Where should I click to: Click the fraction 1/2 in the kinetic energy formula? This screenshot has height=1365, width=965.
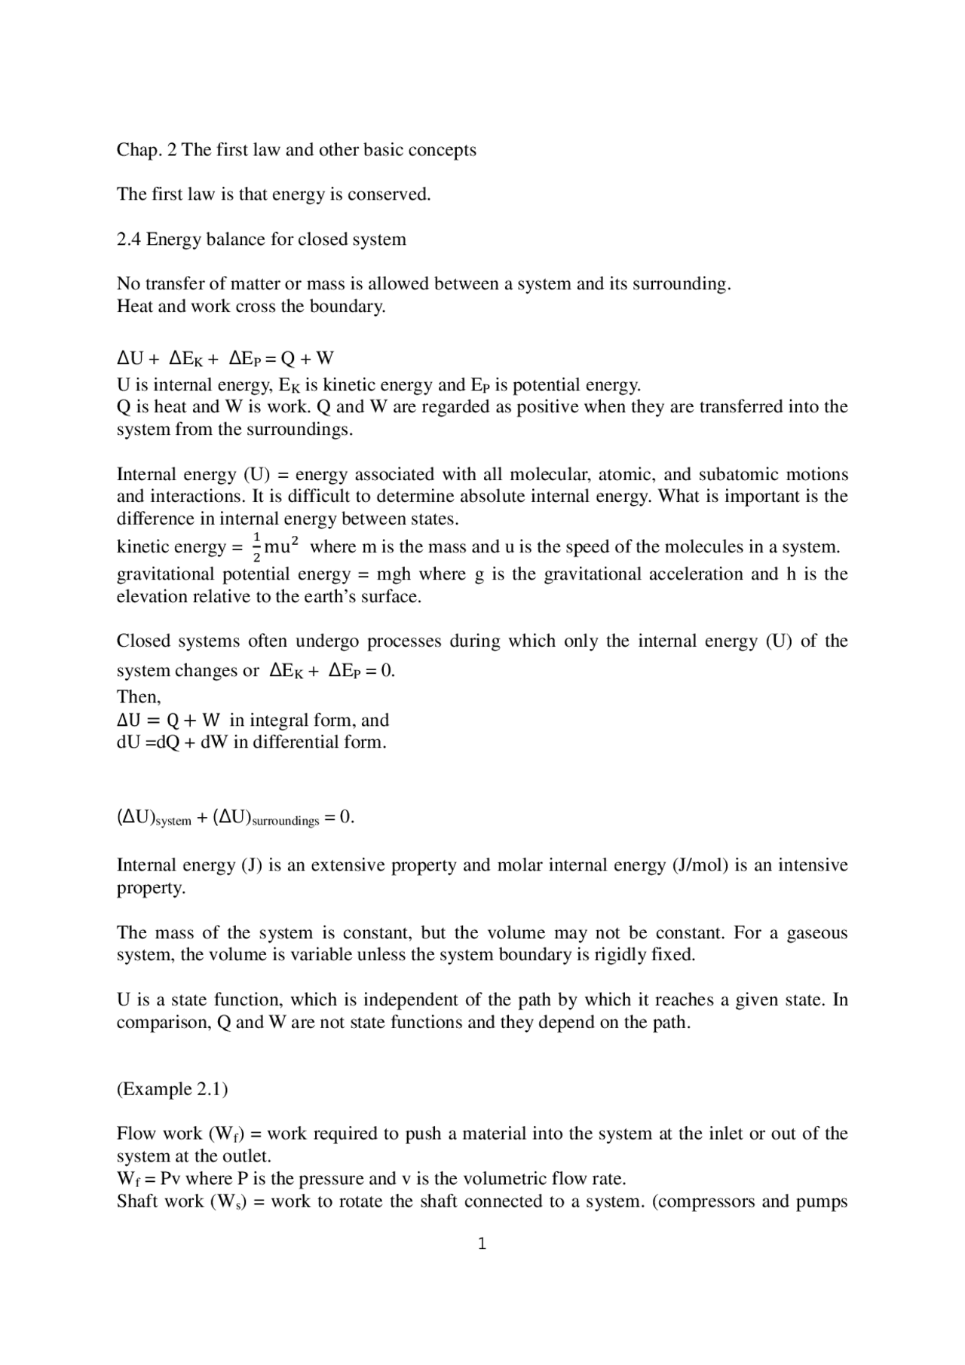coord(256,547)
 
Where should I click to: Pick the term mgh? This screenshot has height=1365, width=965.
coord(394,574)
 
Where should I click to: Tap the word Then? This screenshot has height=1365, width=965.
coord(139,697)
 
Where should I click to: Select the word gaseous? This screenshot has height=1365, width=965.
coord(816,933)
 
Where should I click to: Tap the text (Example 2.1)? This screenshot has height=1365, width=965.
coord(172,1090)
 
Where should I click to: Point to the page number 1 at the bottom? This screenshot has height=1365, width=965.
coord(482,1244)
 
